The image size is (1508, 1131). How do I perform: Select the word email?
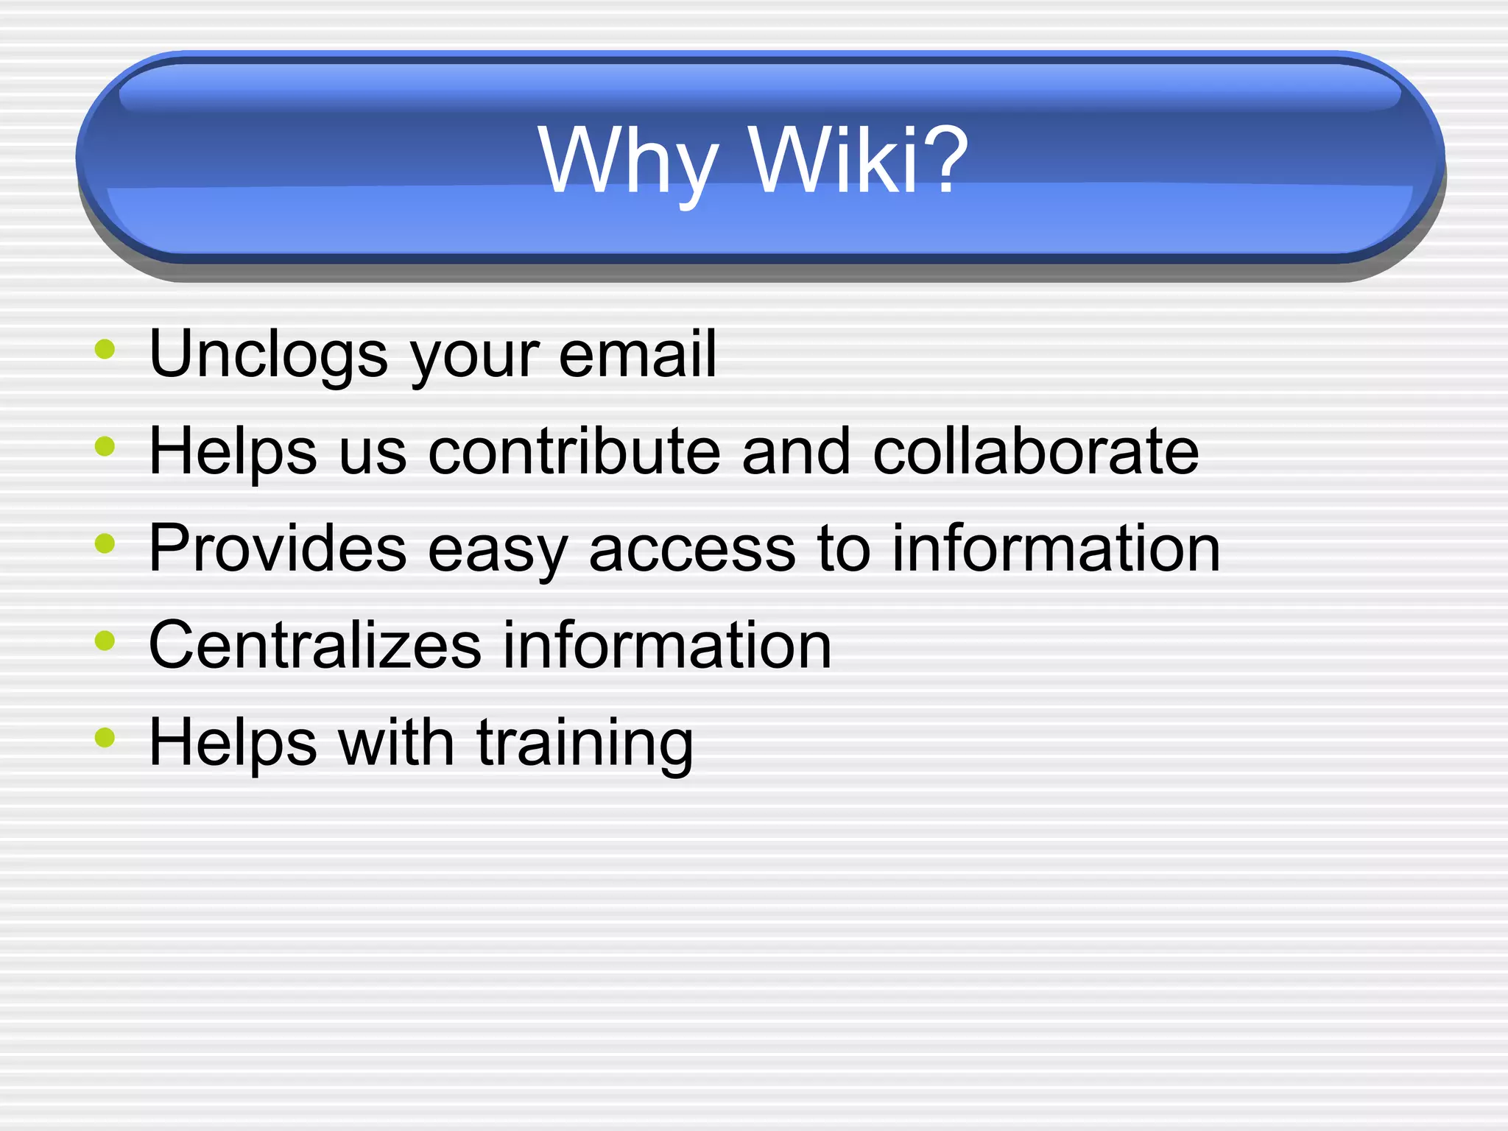pos(637,354)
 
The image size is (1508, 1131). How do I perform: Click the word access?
pos(692,549)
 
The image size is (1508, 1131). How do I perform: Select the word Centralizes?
pos(315,645)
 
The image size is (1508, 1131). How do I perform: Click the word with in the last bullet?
pos(396,742)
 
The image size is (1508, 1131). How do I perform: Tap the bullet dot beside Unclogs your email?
pos(105,349)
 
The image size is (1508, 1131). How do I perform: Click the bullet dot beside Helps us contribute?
pos(105,446)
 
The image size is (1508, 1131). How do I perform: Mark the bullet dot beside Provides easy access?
pos(105,543)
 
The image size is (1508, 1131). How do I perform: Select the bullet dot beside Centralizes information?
pos(105,641)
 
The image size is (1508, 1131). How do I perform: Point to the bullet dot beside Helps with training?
pos(105,737)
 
